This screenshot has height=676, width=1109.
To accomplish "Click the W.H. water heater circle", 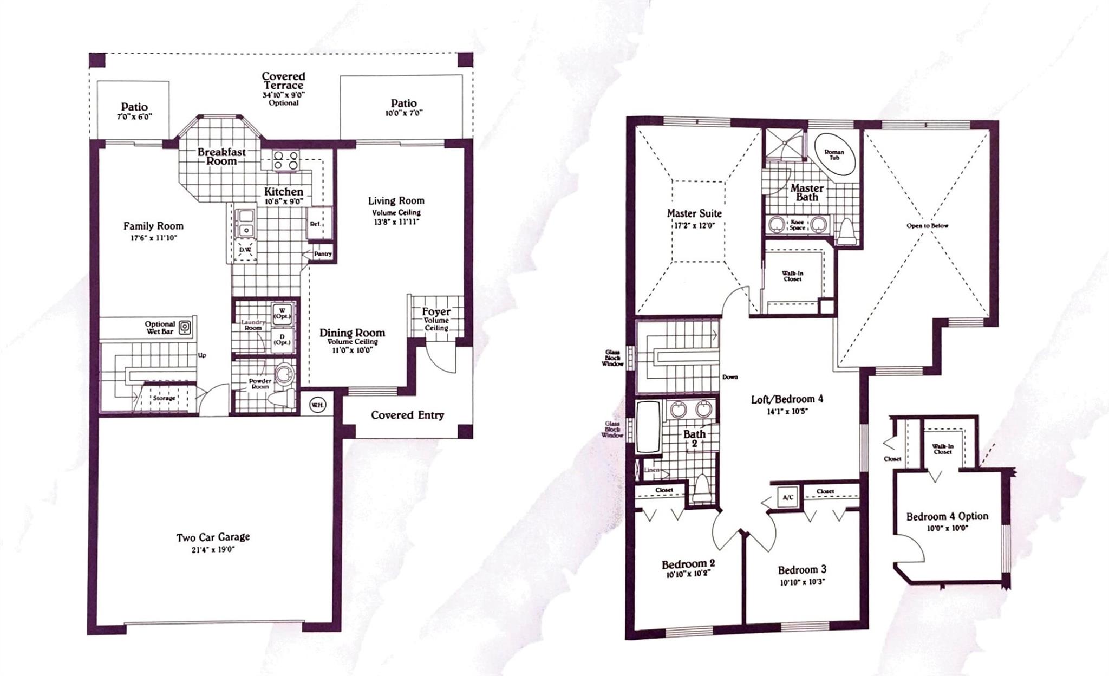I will click(317, 405).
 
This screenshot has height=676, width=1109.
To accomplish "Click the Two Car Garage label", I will click(213, 537).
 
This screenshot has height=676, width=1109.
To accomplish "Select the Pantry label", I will click(322, 254).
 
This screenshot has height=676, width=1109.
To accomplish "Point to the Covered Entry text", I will click(407, 415).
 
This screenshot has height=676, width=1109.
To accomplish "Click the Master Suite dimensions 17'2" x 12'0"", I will click(694, 225).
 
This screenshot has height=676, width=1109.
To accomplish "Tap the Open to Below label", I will click(927, 226).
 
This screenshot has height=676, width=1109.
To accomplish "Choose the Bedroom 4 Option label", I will click(947, 516).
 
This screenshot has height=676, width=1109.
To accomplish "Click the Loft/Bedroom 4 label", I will click(787, 399).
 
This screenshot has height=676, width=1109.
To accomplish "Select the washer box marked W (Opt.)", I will click(282, 314).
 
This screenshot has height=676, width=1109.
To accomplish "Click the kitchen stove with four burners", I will click(286, 160).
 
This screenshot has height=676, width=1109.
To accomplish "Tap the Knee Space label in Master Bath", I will click(797, 225).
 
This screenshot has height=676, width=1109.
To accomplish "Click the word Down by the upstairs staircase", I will click(729, 377).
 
